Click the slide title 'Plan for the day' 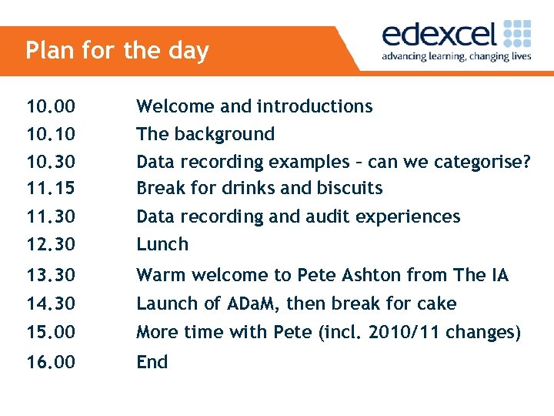(117, 51)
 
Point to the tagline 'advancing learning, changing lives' (456, 57)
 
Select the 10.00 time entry (51, 106)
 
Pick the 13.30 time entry (51, 275)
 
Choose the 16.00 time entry (51, 362)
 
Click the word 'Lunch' (162, 245)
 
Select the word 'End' (152, 362)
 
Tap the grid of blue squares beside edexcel (517, 35)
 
